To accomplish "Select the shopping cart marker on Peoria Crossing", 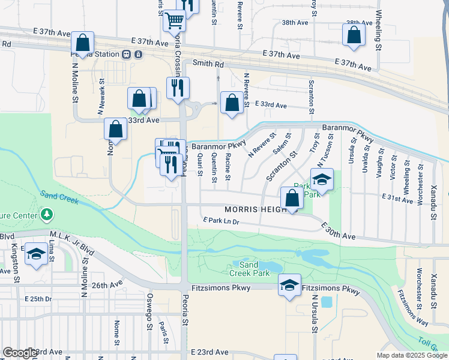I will tap(174, 21).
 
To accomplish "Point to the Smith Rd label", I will tap(208, 63).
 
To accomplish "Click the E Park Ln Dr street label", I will tap(221, 221).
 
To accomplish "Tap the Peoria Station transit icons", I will tap(132, 54).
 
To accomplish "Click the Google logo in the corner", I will tap(20, 353).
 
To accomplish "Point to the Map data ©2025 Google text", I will tap(411, 355).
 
